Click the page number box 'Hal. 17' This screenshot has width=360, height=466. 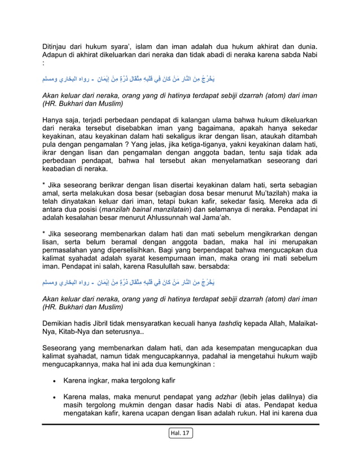pyautogui.click(x=180, y=433)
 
